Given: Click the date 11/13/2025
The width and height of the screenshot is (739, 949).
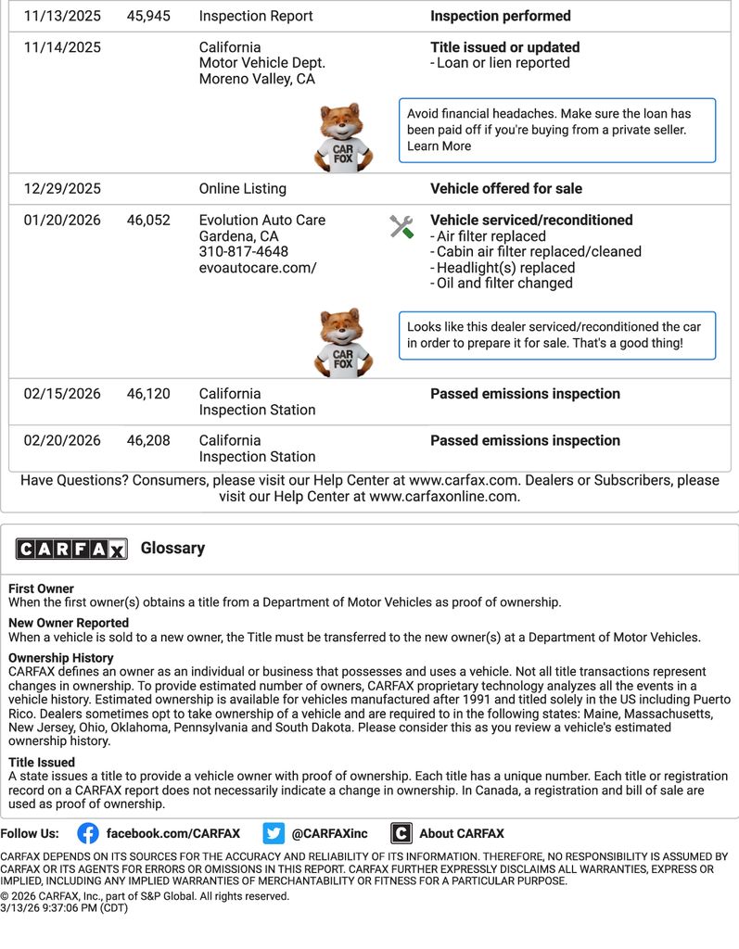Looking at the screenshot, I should click(x=62, y=16).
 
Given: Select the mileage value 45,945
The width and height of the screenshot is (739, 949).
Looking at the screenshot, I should click(x=148, y=16).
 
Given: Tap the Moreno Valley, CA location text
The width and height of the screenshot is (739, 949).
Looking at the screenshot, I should click(x=257, y=79).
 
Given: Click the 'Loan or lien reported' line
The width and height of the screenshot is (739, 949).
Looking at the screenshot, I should click(x=503, y=63).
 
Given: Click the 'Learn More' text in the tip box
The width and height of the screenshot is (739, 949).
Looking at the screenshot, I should click(x=439, y=146).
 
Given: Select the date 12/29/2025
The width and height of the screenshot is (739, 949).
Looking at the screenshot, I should click(x=62, y=188).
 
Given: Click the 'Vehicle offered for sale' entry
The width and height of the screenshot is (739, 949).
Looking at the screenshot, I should click(x=506, y=188).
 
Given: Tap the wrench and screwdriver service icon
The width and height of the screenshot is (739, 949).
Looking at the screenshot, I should click(x=401, y=226).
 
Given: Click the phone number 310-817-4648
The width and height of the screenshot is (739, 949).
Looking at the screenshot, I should click(x=243, y=252).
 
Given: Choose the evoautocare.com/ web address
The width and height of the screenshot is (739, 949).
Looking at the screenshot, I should click(x=257, y=268).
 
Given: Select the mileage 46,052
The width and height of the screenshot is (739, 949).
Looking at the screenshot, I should click(x=148, y=221).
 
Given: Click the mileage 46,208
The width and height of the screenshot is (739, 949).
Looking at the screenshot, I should click(x=148, y=440).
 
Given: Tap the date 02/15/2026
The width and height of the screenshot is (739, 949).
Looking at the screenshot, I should click(x=62, y=394).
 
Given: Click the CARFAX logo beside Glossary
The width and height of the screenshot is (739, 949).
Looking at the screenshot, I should click(x=71, y=549).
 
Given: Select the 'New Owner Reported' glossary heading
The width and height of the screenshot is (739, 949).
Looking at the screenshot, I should click(x=69, y=623).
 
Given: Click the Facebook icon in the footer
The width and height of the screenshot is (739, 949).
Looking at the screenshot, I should click(x=88, y=833).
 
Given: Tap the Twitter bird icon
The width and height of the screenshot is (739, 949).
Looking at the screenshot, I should click(x=274, y=833).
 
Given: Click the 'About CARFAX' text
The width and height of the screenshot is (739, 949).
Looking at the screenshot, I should click(x=461, y=833).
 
